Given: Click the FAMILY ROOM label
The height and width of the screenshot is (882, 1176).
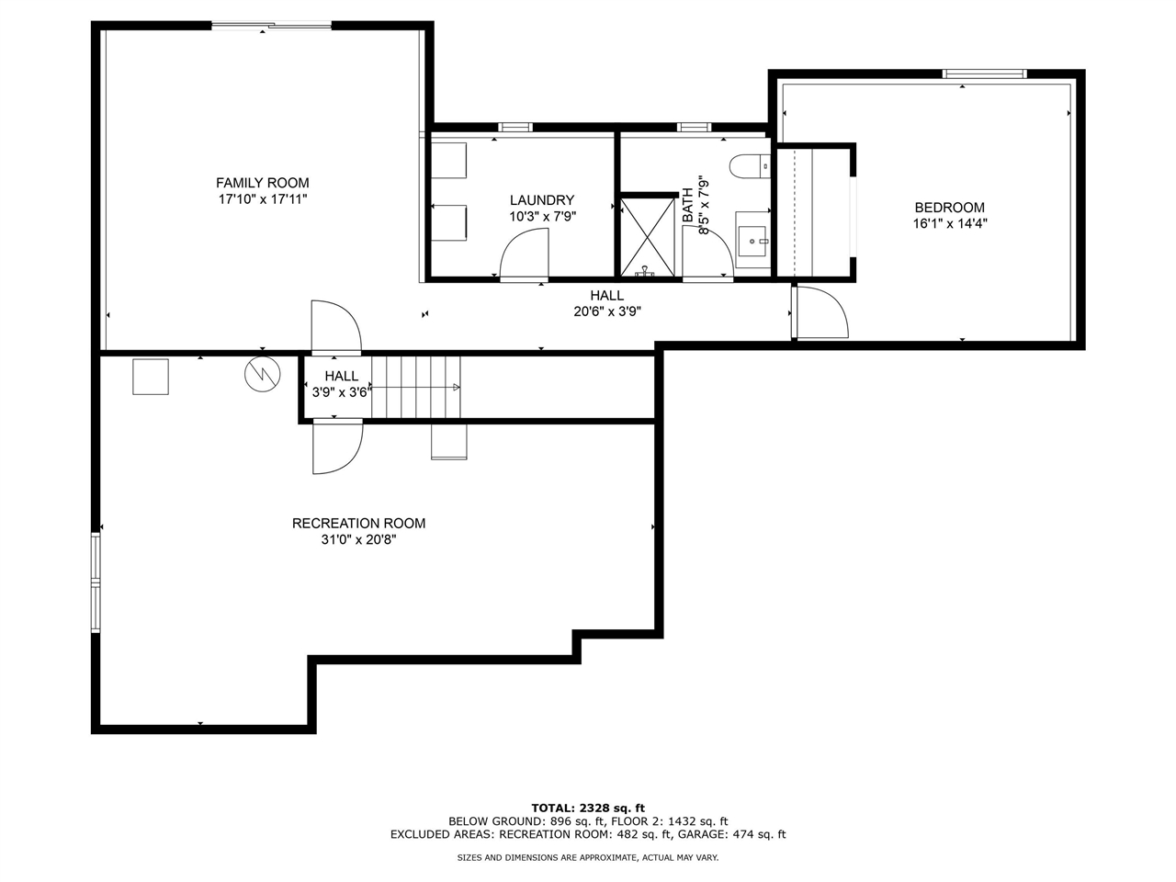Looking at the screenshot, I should click(262, 183).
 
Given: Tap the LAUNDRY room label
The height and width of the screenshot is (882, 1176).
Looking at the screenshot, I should click(542, 200).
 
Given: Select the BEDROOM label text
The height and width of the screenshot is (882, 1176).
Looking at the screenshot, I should click(949, 208).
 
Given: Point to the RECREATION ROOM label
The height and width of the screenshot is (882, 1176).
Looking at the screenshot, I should click(358, 524).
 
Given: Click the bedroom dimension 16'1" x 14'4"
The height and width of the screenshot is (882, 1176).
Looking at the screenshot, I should click(949, 223).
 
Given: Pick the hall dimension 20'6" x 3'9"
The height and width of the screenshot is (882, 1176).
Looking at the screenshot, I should click(606, 311).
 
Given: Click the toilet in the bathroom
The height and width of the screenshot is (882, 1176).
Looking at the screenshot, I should click(748, 166).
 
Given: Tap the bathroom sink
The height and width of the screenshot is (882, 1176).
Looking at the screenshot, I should click(752, 241).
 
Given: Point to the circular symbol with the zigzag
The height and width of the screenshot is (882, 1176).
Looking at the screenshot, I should click(260, 374).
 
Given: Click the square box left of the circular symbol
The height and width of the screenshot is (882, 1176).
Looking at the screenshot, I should click(151, 377).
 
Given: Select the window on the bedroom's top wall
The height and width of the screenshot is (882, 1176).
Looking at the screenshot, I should click(984, 74).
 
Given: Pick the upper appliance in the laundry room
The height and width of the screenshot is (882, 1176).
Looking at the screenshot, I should click(449, 161).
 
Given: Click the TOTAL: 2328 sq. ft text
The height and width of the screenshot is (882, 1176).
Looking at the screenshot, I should click(588, 808).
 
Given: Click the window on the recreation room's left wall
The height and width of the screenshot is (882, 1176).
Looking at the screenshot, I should click(96, 582).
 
